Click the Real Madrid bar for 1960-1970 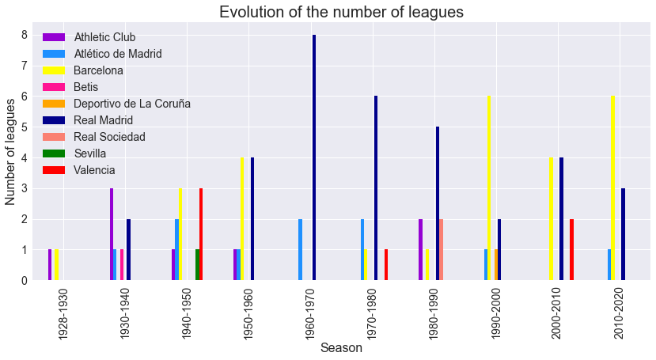point(314,157)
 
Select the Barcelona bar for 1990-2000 point(489,188)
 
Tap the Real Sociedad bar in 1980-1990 point(441,249)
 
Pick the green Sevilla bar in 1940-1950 point(198,265)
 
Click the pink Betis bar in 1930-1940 point(122,265)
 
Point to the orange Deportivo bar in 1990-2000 point(496,265)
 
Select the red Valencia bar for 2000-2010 point(571,249)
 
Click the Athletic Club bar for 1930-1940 point(112,234)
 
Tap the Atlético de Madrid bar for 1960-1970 point(301,249)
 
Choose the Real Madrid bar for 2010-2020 point(623,234)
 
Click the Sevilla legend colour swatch point(54,153)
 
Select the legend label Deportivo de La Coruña point(132,104)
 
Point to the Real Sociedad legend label point(110,137)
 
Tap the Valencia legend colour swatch point(54,170)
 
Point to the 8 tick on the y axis point(25,35)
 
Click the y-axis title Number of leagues point(10,152)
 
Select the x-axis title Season point(341,348)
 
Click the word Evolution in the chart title point(247,12)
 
